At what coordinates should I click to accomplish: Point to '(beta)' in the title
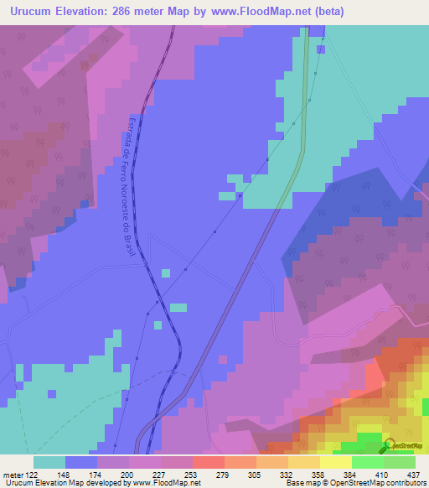coord(325,12)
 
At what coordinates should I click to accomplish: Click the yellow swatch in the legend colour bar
coord(334,461)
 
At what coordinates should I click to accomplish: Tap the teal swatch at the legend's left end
coord(49,461)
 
